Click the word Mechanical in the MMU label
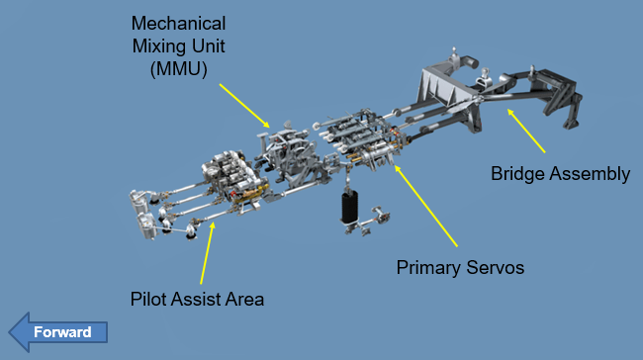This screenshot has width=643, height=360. pos(178,24)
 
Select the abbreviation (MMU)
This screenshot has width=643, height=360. pos(179,69)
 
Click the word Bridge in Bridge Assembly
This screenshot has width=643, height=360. pos(517,174)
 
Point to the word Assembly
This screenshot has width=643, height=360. pos(590,174)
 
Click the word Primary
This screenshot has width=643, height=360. pos(428,268)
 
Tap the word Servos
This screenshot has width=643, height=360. pos(496,268)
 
